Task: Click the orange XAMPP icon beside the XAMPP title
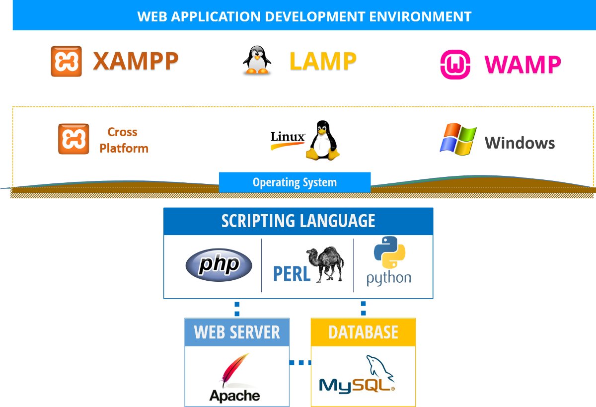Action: pos(66,61)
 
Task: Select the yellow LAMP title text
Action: pos(323,62)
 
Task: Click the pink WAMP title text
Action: pos(523,64)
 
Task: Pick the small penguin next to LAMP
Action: pos(257,60)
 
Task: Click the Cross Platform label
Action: pos(123,140)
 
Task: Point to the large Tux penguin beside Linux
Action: pos(323,140)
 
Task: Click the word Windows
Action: pos(520,143)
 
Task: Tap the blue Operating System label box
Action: pos(295,182)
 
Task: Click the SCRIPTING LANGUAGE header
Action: pos(298,221)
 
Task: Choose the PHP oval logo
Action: pos(219,264)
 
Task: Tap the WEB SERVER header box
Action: pos(237,332)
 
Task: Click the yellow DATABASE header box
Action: pos(363,332)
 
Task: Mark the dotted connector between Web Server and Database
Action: pos(300,363)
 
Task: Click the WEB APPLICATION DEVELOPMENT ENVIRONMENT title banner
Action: pos(304,16)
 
